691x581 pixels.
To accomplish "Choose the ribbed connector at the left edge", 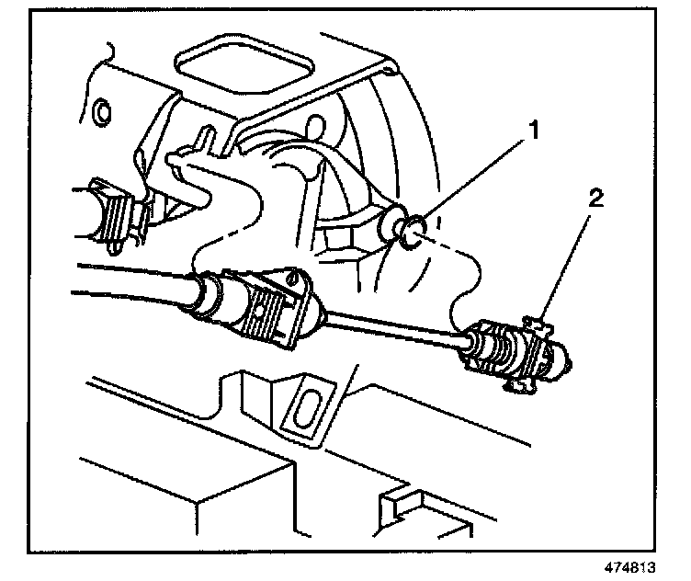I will click(x=112, y=213).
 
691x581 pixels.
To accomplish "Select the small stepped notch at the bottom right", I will click(x=395, y=501).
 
